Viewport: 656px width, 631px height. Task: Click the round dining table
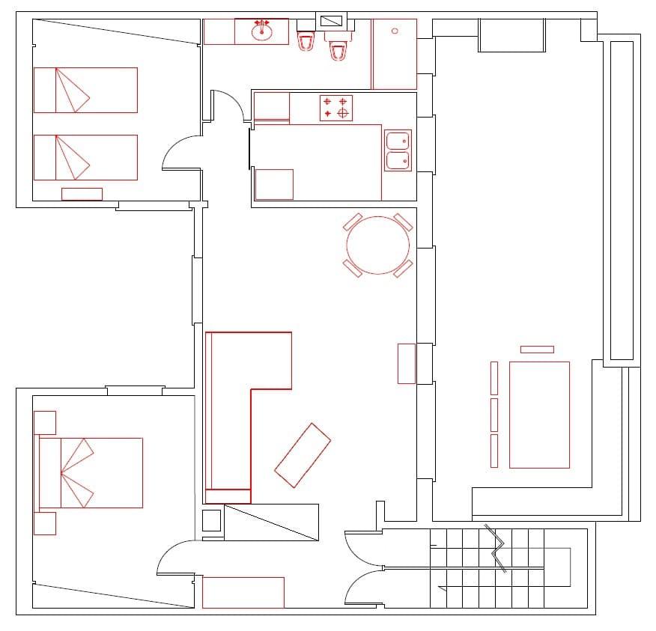[378, 245]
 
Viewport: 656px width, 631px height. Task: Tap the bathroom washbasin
[262, 31]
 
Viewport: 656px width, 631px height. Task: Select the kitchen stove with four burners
[336, 108]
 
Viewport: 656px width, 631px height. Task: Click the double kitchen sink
[398, 150]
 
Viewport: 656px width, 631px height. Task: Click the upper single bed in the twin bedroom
[85, 90]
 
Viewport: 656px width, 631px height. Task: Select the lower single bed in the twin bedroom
[85, 157]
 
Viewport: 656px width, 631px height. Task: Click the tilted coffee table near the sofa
[303, 455]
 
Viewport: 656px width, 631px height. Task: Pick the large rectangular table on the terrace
[539, 414]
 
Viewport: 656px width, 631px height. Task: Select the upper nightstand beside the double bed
[45, 423]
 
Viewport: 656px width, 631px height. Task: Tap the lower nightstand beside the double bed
[45, 523]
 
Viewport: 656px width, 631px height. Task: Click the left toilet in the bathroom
[305, 40]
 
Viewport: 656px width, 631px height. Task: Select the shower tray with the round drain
[394, 54]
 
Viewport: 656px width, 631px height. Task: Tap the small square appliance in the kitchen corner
[274, 184]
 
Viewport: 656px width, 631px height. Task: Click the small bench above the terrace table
[537, 350]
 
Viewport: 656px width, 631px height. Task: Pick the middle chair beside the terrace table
[494, 415]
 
